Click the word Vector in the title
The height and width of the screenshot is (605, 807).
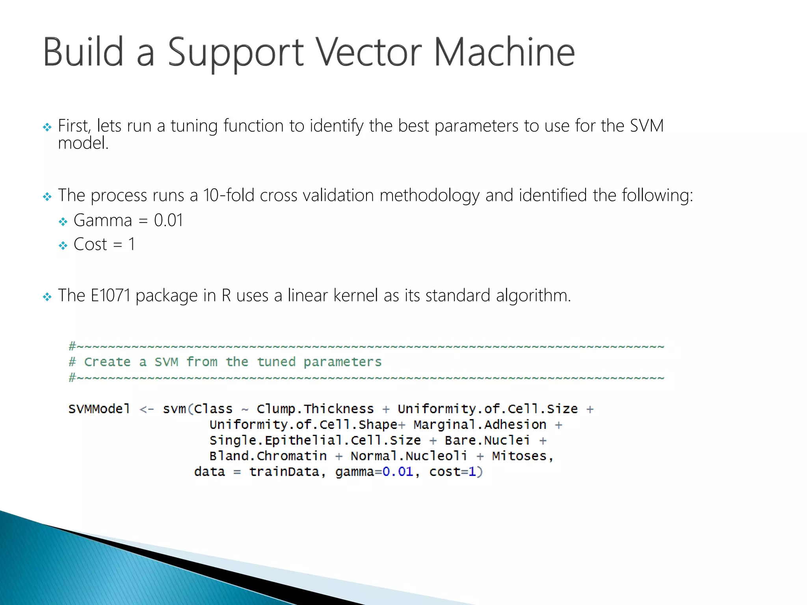pyautogui.click(x=370, y=52)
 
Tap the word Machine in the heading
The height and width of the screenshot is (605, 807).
pyautogui.click(x=504, y=52)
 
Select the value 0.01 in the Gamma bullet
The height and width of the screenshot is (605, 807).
pyautogui.click(x=169, y=220)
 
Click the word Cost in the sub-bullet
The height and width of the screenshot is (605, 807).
pyautogui.click(x=90, y=245)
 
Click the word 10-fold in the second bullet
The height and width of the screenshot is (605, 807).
pyautogui.click(x=229, y=195)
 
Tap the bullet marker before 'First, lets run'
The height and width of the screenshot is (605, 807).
pyautogui.click(x=47, y=127)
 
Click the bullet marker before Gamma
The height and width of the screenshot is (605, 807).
pyautogui.click(x=63, y=222)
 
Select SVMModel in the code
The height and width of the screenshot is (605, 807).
pyautogui.click(x=99, y=409)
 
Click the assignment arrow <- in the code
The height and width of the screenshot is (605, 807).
pyautogui.click(x=147, y=409)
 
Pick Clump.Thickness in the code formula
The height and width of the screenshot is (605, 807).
pyautogui.click(x=315, y=409)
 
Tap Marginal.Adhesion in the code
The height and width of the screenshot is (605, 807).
pyautogui.click(x=480, y=425)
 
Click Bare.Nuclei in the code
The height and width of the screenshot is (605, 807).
pyautogui.click(x=487, y=440)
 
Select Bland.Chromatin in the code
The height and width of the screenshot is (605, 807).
pyautogui.click(x=268, y=456)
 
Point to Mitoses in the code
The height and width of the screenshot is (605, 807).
pyautogui.click(x=519, y=456)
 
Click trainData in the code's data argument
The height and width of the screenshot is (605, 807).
pyautogui.click(x=284, y=471)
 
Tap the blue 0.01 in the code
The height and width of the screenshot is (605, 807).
pyautogui.click(x=398, y=471)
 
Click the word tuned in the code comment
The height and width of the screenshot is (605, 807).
pyautogui.click(x=276, y=362)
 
